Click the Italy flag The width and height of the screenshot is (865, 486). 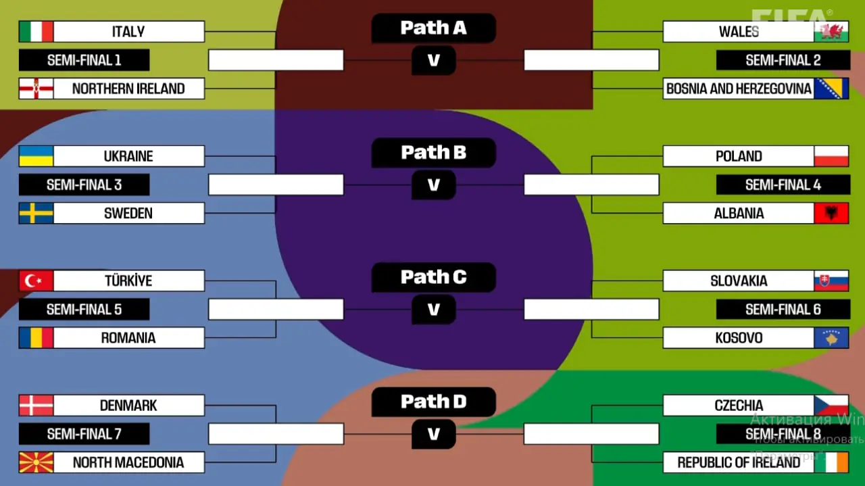point(36,32)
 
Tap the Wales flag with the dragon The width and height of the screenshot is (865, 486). point(831,32)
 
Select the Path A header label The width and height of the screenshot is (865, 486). point(433,28)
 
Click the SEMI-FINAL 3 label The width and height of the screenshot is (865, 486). point(84,185)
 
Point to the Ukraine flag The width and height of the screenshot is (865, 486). point(36,156)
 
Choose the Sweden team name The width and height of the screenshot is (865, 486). point(128,214)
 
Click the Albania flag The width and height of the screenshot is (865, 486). point(831,214)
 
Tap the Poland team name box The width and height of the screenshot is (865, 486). point(738,156)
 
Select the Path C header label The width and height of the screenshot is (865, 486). point(433,277)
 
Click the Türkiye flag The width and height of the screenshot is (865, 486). point(36,281)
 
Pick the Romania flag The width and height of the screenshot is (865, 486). point(36,338)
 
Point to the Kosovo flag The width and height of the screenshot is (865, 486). point(831,338)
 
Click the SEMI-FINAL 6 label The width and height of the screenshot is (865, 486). point(783,310)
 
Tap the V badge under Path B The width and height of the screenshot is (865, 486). point(433,185)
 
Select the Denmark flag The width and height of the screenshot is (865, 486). point(36,406)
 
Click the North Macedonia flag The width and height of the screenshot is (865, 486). point(36,462)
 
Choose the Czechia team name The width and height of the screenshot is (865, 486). point(738,406)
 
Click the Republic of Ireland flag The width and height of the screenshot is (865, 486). point(831,462)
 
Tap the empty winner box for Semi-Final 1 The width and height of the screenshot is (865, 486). point(276,60)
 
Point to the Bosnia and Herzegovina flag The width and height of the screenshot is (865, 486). point(831,89)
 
